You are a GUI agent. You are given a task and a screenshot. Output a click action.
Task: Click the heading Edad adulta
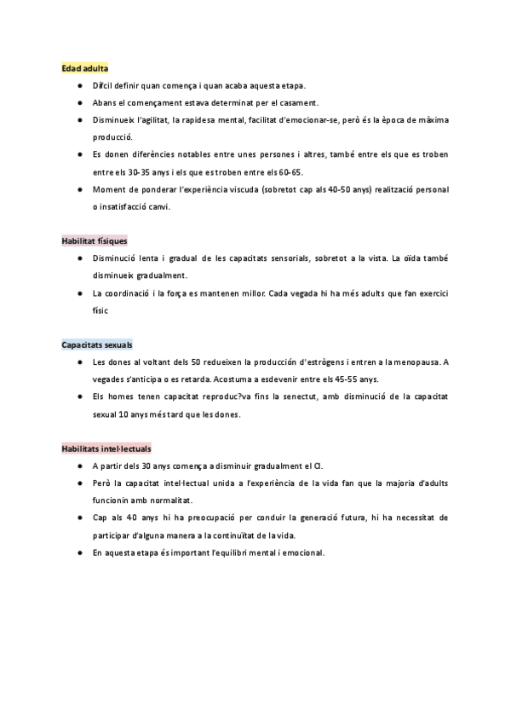84,68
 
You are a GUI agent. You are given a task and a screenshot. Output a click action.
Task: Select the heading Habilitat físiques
94,241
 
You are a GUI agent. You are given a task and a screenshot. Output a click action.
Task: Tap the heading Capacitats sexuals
96,345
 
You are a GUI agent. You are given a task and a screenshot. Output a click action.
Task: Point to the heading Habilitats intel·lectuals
106,448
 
